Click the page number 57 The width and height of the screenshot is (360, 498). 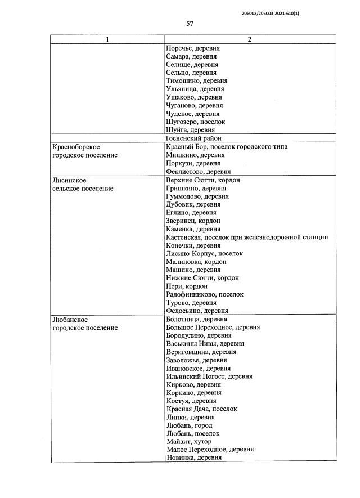(190, 24)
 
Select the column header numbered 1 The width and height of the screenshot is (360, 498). (107, 40)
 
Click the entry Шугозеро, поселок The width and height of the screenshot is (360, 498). (196, 122)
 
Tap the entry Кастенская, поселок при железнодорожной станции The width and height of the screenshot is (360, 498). (247, 237)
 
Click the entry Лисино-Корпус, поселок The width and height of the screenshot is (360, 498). (205, 253)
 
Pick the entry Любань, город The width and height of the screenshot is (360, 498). (190, 425)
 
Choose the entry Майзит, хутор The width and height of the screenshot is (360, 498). (190, 442)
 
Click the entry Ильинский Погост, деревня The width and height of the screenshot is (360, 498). (209, 376)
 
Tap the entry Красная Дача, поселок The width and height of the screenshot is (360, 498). (202, 409)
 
